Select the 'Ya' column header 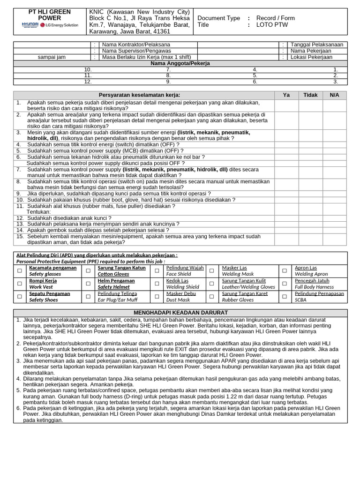[286, 95]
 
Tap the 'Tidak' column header [310, 95]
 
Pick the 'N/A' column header [334, 95]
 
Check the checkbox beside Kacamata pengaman [20, 271]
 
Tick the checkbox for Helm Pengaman [89, 284]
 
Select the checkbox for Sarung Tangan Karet [212, 297]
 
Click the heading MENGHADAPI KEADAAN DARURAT [180, 313]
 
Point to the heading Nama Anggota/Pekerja [180, 63]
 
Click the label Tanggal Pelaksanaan [317, 45]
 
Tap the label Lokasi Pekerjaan [312, 57]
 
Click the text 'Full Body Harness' [314, 287]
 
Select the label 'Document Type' [218, 18]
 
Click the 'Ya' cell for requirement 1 [286, 105]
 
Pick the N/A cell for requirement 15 [334, 240]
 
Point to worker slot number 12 [88, 82]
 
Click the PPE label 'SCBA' [300, 300]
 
